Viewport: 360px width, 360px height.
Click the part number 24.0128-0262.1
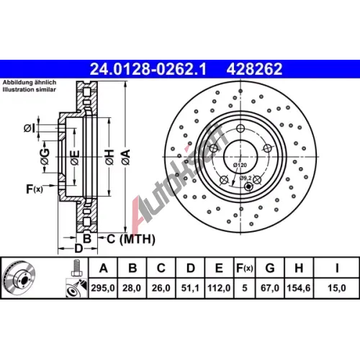148,69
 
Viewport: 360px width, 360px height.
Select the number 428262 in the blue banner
254,69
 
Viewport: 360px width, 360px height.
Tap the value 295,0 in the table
103,288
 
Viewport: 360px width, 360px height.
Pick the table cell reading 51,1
190,288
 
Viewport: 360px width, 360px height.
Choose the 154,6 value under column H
299,288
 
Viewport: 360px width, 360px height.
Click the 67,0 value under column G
270,288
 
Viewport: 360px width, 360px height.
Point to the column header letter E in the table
219,268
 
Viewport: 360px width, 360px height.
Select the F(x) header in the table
245,268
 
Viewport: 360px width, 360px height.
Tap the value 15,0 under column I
337,288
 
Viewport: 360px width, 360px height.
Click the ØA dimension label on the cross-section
126,157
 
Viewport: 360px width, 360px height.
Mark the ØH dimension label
109,157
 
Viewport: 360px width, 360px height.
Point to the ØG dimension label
45,157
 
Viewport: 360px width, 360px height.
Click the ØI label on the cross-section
30,128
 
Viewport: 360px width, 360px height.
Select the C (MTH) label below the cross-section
131,239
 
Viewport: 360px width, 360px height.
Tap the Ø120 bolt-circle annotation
240,165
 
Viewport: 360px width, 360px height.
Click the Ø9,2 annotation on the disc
246,178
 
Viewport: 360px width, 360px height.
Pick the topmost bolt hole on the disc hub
240,128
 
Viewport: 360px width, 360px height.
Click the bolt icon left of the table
77,269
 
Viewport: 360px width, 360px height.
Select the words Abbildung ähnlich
30,82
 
